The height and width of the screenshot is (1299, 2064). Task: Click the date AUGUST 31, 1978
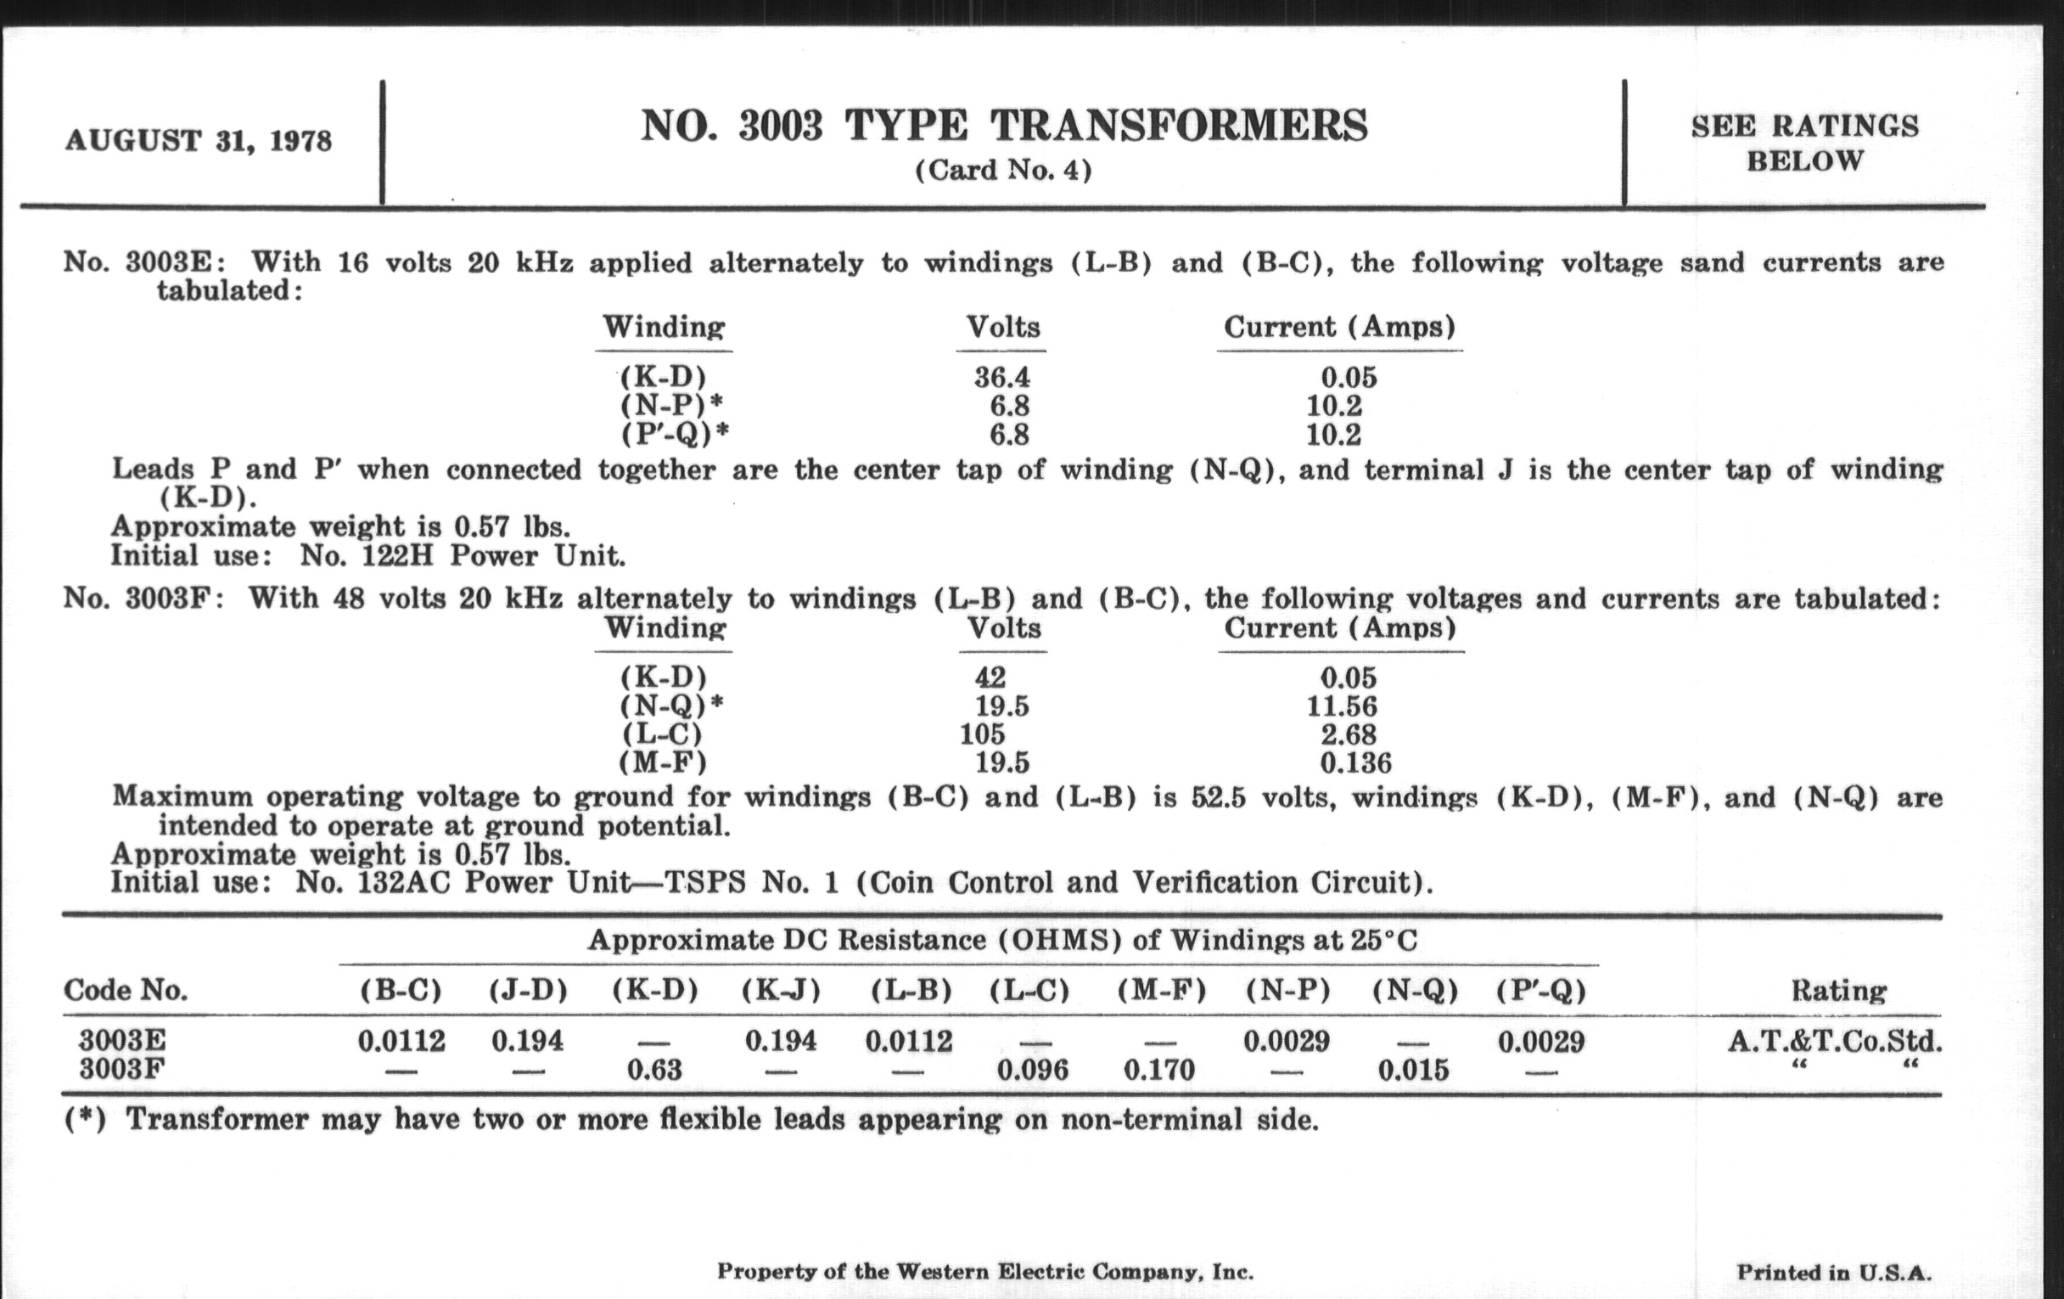click(x=198, y=141)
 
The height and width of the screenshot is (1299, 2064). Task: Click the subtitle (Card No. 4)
click(x=1003, y=171)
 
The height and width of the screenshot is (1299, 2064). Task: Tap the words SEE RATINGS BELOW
click(x=1804, y=143)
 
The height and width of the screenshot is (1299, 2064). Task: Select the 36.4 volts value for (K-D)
click(x=1002, y=378)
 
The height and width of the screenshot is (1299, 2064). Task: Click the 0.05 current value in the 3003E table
click(x=1349, y=378)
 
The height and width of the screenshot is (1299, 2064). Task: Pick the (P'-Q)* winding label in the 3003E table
click(x=675, y=436)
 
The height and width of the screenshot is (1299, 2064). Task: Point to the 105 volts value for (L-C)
click(x=982, y=734)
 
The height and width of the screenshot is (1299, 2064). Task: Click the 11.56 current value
click(x=1342, y=706)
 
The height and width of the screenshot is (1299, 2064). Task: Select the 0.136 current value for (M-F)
click(x=1355, y=763)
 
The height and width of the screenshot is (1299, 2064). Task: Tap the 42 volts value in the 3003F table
click(x=990, y=678)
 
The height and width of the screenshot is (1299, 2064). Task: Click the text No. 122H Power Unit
click(x=462, y=556)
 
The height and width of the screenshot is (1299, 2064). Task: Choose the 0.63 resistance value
click(x=654, y=1070)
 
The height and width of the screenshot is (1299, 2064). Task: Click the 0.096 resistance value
click(x=1033, y=1070)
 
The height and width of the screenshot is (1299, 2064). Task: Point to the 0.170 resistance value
click(x=1158, y=1070)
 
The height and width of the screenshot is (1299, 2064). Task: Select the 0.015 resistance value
click(x=1413, y=1070)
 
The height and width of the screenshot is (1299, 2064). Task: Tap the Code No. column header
click(x=125, y=991)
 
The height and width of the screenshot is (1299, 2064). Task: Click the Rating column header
click(x=1838, y=991)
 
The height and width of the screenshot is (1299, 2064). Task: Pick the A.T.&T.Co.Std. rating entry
click(x=1834, y=1042)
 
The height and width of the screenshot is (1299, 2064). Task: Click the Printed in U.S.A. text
click(x=1833, y=1272)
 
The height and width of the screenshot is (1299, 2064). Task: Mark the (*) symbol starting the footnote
click(x=85, y=1120)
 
